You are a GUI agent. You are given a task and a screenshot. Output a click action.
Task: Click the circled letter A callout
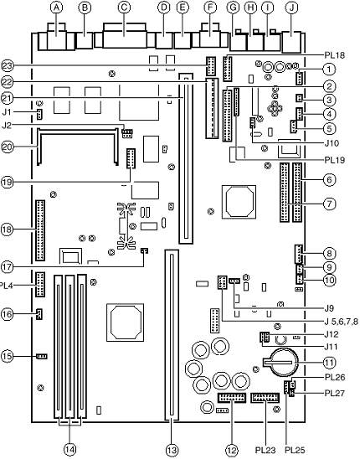pos(56,8)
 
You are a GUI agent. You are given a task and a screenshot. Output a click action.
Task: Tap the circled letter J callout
pos(291,8)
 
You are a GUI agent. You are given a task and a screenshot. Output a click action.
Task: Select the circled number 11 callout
pos(330,363)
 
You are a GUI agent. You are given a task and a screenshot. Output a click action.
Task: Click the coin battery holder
pos(281,362)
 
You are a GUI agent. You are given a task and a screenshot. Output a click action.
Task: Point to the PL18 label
pos(335,55)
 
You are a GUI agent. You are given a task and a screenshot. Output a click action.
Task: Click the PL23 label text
pos(265,450)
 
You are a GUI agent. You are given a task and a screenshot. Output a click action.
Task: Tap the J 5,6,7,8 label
pos(341,322)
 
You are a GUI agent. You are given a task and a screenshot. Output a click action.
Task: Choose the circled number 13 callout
pos(172,450)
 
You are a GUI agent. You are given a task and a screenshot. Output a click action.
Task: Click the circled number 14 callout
pos(69,449)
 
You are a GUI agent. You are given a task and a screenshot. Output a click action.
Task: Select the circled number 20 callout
pos(7,147)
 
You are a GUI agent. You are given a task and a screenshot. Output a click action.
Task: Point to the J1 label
pos(8,111)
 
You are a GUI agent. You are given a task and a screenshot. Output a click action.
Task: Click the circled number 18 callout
pos(7,229)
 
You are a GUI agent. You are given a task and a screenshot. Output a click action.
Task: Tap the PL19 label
pos(335,160)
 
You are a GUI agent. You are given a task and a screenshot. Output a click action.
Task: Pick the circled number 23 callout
pos(7,65)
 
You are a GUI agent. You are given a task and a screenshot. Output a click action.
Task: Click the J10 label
pos(332,143)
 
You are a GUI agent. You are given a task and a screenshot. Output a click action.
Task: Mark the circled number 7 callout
pos(330,204)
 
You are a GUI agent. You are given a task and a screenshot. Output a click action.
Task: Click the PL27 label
pos(335,393)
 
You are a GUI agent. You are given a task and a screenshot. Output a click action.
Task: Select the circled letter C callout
pos(124,8)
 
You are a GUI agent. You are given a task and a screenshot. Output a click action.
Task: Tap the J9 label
pos(329,308)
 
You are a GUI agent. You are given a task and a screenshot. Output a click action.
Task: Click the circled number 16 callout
pos(7,314)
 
